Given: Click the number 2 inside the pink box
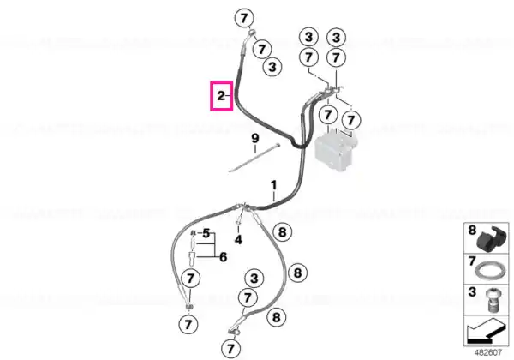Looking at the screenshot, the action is [x=221, y=96].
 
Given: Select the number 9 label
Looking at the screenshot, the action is [x=255, y=138].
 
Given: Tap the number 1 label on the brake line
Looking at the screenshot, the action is [x=274, y=185].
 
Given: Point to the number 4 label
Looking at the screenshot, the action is [x=238, y=240].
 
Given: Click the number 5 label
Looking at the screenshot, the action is [x=206, y=233].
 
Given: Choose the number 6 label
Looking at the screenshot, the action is [x=224, y=257].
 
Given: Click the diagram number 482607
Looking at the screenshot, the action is [x=488, y=352].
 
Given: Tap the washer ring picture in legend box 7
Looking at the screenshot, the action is [x=488, y=271].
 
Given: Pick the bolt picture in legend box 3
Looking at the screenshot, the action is [x=492, y=301].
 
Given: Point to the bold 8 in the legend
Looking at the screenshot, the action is [x=472, y=231].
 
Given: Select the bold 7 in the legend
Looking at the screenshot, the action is [x=472, y=261].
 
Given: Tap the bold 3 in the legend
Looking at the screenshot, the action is [x=472, y=291].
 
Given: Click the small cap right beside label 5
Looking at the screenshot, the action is [x=194, y=233].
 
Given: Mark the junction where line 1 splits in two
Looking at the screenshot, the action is [x=244, y=207].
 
